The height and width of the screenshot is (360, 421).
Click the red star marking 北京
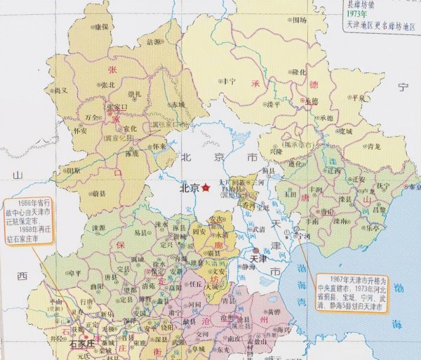pos(205,188)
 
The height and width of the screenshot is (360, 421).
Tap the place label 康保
pos(102,27)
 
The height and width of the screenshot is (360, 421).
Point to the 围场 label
pos(300,20)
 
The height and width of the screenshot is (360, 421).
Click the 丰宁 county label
pos(229,81)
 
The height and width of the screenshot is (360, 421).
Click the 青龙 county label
pos(373,147)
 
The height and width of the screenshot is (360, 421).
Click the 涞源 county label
pos(97,228)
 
